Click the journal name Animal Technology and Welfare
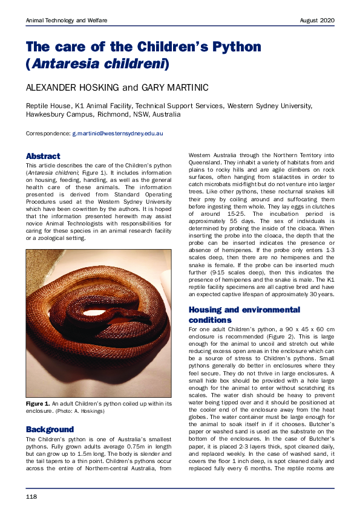pyautogui.click(x=67, y=21)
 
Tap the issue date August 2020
pyautogui.click(x=317, y=21)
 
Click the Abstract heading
pyautogui.click(x=43, y=156)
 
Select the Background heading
pyautogui.click(x=50, y=429)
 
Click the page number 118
pyautogui.click(x=31, y=496)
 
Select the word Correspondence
pyautogui.click(x=47, y=132)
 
